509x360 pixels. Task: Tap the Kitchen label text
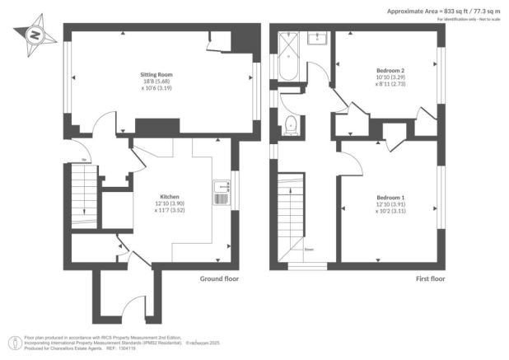tap(170, 197)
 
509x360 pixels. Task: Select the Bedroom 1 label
tap(390, 198)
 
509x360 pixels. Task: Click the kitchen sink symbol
tap(220, 193)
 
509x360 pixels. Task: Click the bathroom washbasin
tap(315, 38)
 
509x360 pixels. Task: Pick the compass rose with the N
tap(34, 35)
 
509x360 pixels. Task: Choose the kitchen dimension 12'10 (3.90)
tap(170, 203)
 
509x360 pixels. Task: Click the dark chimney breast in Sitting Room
tap(152, 125)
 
